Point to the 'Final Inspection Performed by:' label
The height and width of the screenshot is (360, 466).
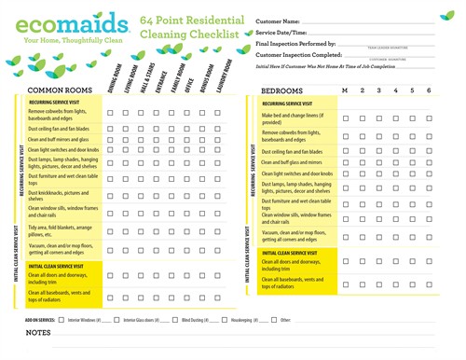tap(296, 43)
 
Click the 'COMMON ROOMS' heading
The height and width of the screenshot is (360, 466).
tap(56, 90)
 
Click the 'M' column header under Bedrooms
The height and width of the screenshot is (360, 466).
tap(345, 90)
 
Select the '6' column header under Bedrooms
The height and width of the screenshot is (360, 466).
tap(429, 90)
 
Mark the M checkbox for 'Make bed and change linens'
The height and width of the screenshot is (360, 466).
tap(345, 118)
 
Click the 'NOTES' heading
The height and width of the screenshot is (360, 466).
tap(38, 333)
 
